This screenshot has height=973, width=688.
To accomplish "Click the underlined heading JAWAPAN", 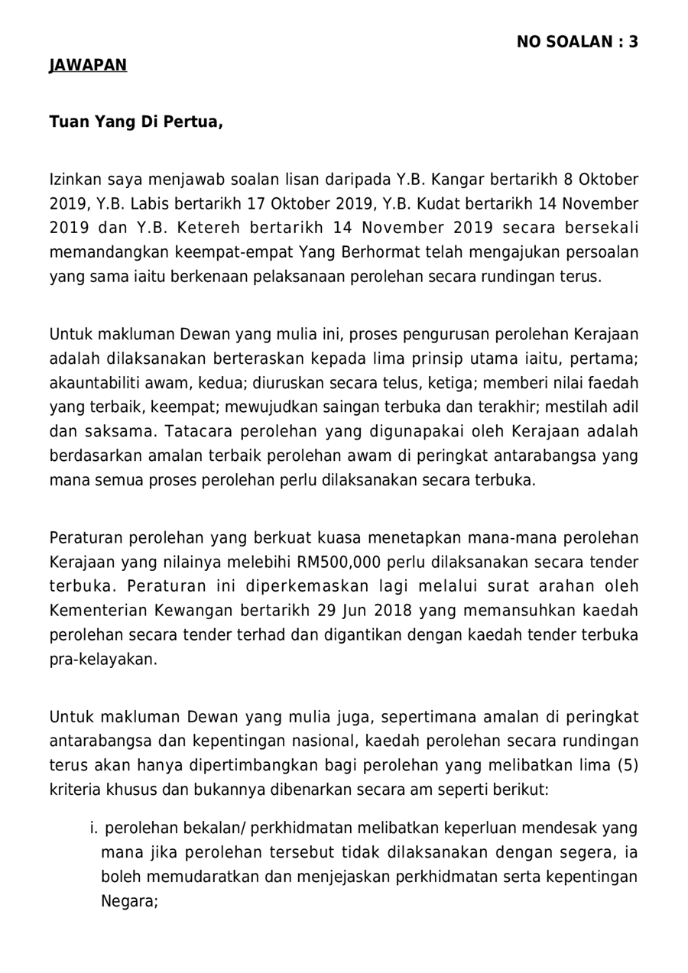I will [88, 66].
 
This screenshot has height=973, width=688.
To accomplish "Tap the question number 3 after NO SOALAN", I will [633, 42].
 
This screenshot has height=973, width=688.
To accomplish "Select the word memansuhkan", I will [521, 611].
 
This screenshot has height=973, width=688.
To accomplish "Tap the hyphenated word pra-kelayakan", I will [103, 659].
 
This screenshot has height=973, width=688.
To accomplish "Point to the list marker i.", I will [94, 828].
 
